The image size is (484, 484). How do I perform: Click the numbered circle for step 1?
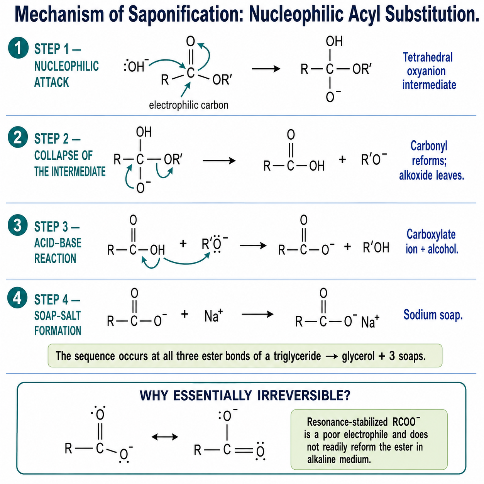pyautogui.click(x=18, y=48)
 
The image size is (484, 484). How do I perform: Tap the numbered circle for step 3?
pyautogui.click(x=18, y=225)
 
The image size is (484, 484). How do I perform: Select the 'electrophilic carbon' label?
pyautogui.click(x=189, y=105)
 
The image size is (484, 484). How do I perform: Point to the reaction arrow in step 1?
pyautogui.click(x=266, y=69)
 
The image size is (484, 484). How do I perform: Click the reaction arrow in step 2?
pyautogui.click(x=219, y=161)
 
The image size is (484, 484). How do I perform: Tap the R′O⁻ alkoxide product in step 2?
pyautogui.click(x=374, y=159)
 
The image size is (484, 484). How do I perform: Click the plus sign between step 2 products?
pyautogui.click(x=342, y=159)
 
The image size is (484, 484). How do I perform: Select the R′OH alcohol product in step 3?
pyautogui.click(x=376, y=247)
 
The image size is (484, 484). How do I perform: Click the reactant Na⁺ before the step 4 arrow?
pyautogui.click(x=213, y=315)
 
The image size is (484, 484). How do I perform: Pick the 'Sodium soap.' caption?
pyautogui.click(x=433, y=315)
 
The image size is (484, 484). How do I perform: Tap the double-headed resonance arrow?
pyautogui.click(x=165, y=437)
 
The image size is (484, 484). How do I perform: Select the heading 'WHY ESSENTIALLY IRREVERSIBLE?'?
pyautogui.click(x=245, y=396)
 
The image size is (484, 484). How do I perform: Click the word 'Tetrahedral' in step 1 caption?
pyautogui.click(x=428, y=57)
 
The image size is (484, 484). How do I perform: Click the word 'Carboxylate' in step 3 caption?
pyautogui.click(x=431, y=234)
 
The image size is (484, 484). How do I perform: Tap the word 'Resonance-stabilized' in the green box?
pyautogui.click(x=347, y=422)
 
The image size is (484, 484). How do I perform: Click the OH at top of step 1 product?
pyautogui.click(x=334, y=41)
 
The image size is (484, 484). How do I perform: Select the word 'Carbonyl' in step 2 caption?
pyautogui.click(x=429, y=146)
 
